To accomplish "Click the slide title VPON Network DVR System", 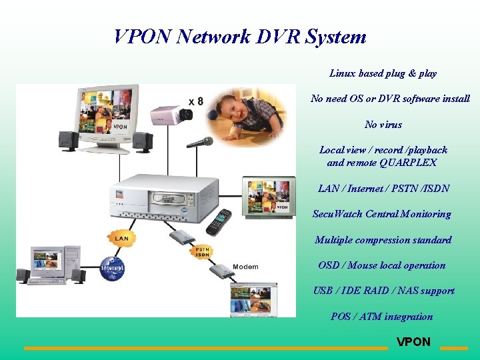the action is pos(240,36).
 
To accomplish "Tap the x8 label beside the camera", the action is pos(196,101).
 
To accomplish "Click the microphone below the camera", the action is pos(200,142).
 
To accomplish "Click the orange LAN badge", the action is pos(121,237).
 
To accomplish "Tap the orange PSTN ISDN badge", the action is pos(203,251).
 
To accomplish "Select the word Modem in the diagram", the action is pos(246,267).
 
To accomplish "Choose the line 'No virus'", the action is pos(383,125).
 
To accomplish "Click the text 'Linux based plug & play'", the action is pos(383,73).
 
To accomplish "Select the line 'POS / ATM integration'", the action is pos(382,317).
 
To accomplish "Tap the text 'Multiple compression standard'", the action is pos(383,240).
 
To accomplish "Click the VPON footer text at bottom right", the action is pos(413,342).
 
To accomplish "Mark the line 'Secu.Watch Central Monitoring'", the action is pos(382,214).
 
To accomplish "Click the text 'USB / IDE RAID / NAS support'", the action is pos(384,291).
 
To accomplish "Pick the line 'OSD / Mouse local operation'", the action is pos(382,265).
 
